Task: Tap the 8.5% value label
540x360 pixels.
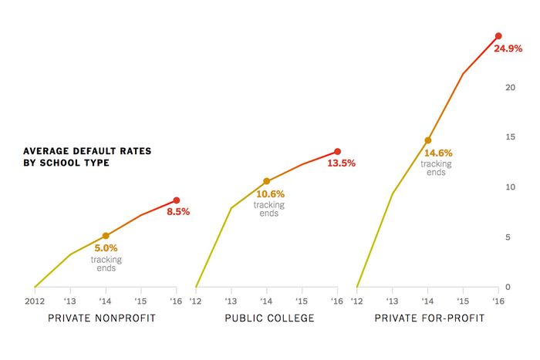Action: tap(178, 211)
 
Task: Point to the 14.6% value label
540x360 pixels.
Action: tap(437, 153)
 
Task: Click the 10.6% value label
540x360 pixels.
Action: tap(270, 194)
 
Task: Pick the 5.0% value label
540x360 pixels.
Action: tap(106, 249)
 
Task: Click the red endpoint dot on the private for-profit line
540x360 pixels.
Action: tap(498, 36)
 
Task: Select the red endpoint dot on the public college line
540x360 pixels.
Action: tap(337, 152)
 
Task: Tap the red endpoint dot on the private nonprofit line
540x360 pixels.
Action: tap(176, 200)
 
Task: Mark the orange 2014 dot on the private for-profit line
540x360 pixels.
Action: tap(428, 140)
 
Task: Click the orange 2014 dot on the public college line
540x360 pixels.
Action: tap(267, 182)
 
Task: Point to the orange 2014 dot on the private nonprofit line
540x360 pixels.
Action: tap(106, 236)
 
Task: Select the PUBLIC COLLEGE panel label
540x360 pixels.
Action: tap(269, 318)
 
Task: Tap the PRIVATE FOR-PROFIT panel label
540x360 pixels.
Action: tap(430, 318)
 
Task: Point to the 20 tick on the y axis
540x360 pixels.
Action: tap(509, 87)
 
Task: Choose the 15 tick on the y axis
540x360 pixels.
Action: tap(509, 137)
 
